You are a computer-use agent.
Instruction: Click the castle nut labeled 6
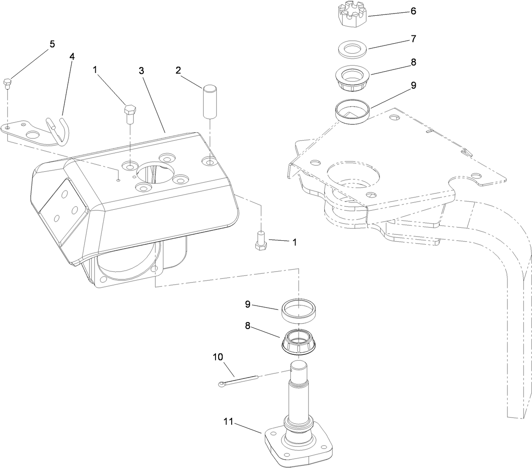click(352, 16)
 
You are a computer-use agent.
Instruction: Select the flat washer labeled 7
click(353, 50)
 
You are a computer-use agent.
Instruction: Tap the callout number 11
click(228, 422)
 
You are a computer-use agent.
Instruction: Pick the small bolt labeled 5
click(7, 83)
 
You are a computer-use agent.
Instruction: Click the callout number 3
click(142, 71)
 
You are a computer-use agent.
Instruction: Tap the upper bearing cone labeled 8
click(353, 79)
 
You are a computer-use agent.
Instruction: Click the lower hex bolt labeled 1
click(261, 240)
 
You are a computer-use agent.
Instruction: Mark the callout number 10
click(218, 357)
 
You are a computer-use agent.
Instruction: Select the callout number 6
click(413, 11)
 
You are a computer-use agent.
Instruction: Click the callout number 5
click(52, 44)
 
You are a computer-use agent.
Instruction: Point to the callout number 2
click(178, 70)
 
